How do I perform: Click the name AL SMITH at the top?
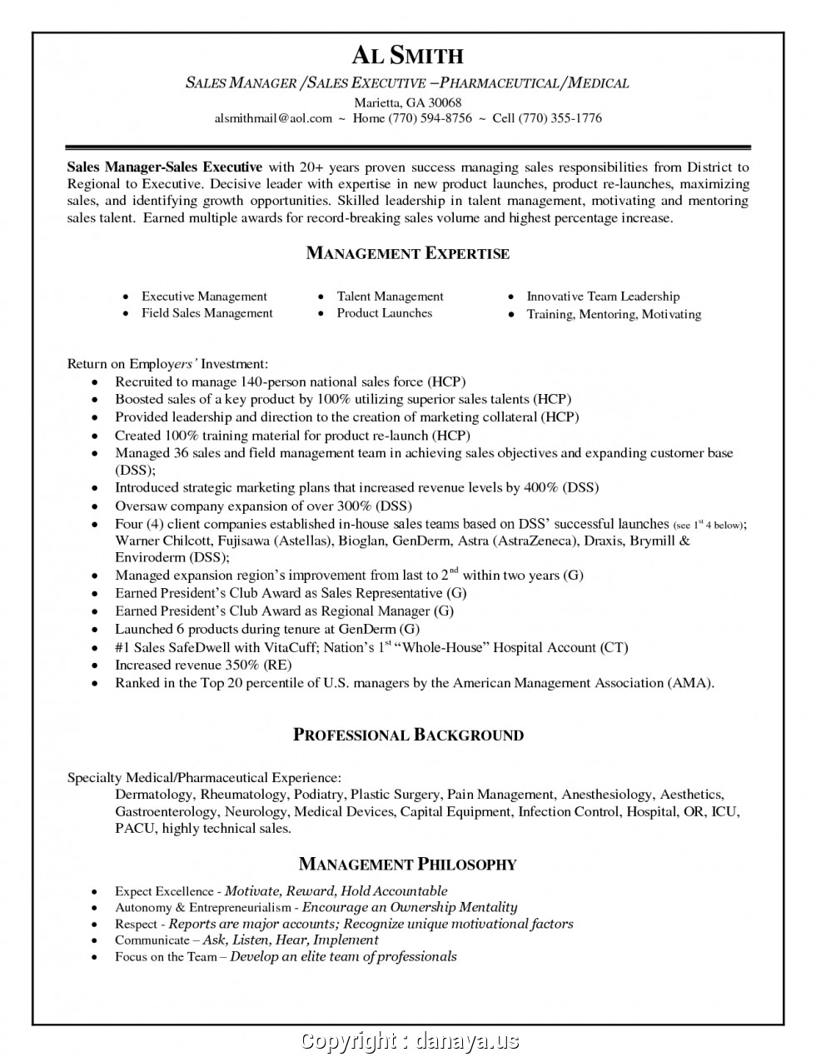(x=407, y=55)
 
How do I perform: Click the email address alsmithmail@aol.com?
(x=273, y=118)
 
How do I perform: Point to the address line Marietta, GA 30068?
(x=408, y=102)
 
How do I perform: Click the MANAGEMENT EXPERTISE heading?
(x=407, y=253)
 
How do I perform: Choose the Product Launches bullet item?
(x=384, y=313)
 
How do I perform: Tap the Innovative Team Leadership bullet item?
(x=603, y=296)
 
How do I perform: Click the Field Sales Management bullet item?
(x=206, y=313)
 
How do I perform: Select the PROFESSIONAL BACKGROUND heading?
(x=408, y=735)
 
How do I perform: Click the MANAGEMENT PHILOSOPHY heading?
(x=407, y=864)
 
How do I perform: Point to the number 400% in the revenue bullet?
(x=540, y=488)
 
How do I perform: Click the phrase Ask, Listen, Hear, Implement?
(x=291, y=940)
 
